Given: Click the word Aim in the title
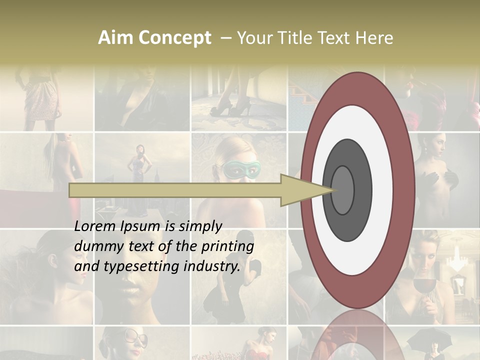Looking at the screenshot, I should [x=115, y=38].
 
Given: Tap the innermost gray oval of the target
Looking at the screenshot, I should [x=342, y=190].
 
